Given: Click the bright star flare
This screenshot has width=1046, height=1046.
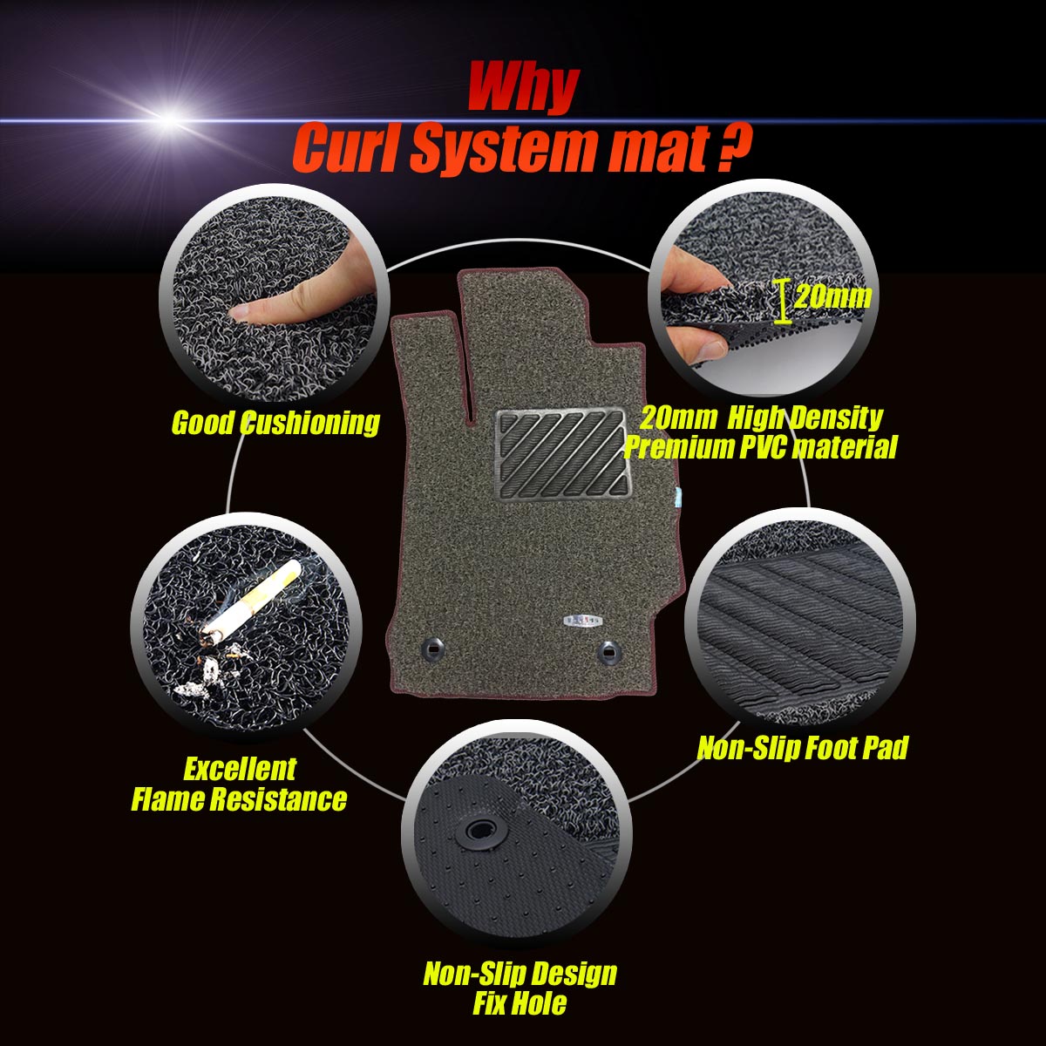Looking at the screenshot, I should click(x=167, y=116).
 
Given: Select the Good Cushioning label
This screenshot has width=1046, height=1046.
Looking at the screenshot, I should click(x=275, y=423).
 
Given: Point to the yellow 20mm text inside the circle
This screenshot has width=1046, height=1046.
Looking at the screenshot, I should click(x=832, y=297).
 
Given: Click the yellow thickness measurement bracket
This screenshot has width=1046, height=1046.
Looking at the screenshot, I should click(x=783, y=302).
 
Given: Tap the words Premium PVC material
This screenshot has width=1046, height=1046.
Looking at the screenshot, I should click(x=760, y=448).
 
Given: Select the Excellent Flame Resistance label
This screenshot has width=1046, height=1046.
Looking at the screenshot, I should click(x=239, y=784).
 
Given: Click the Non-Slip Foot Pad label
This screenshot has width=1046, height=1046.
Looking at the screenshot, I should click(x=803, y=747).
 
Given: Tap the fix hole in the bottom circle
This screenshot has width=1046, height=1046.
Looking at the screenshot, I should click(x=479, y=831).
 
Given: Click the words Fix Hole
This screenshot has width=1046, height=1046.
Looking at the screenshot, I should click(x=520, y=1002).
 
